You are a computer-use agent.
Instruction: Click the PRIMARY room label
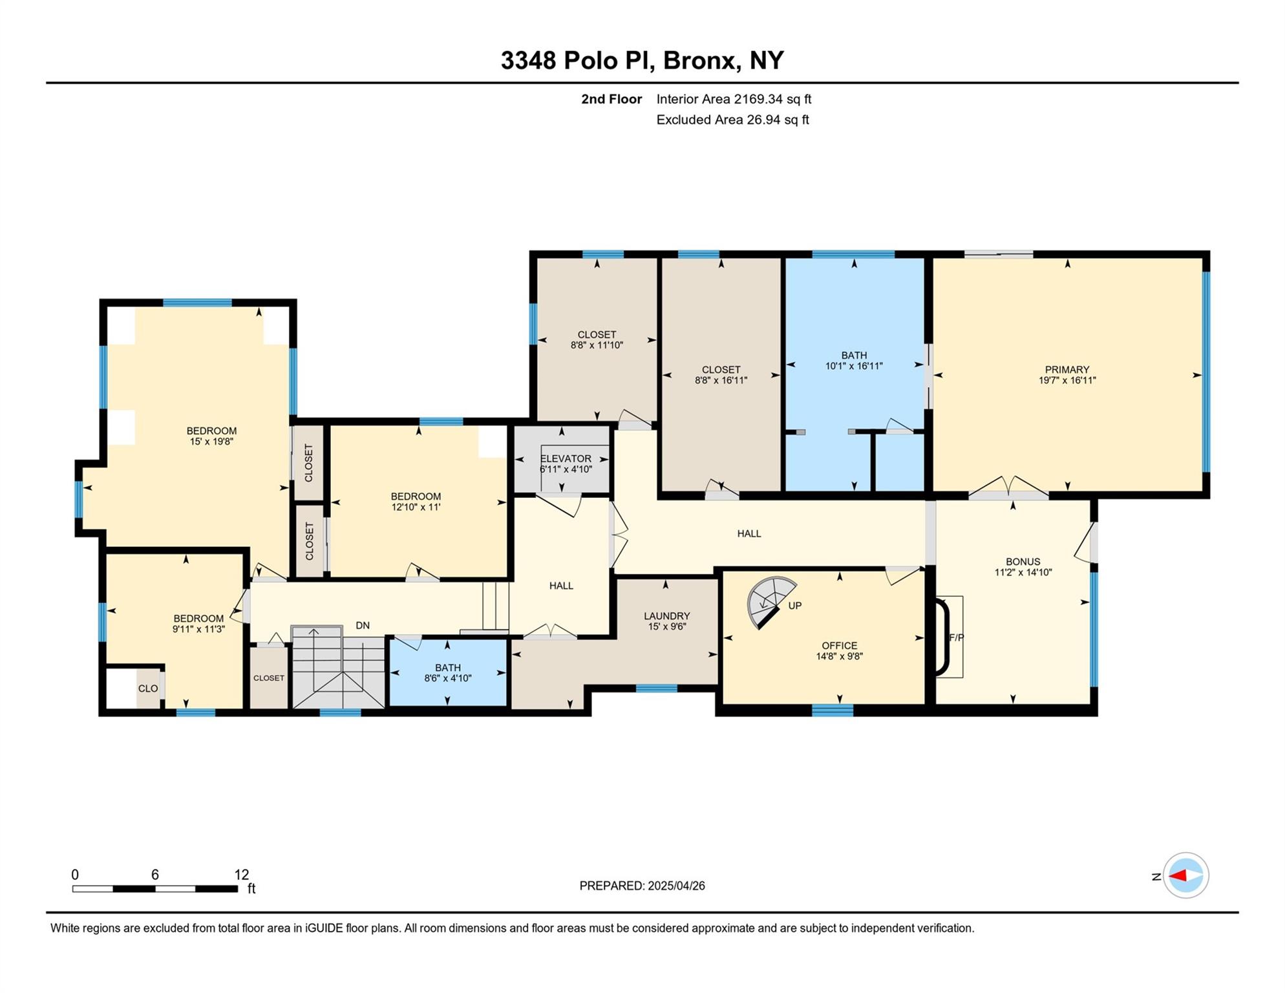coord(1067,370)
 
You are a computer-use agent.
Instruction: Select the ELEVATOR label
coord(566,458)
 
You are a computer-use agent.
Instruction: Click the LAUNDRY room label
coord(666,616)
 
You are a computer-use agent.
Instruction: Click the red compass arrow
coord(1178,876)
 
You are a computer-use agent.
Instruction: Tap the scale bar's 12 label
coord(241,875)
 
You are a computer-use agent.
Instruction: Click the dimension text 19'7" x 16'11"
coord(1067,381)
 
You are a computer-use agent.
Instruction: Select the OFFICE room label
coord(839,646)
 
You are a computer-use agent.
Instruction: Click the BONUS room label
coord(1023,562)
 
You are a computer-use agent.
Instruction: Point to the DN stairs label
coord(363,626)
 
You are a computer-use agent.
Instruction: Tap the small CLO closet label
coord(147,689)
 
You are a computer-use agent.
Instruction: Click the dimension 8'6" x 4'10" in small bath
coord(447,679)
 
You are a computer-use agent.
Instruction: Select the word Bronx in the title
coord(701,60)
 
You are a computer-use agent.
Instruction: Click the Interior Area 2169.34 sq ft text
coord(733,99)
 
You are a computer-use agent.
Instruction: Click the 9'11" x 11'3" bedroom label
coord(198,629)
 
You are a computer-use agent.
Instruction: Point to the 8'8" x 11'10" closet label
coord(596,345)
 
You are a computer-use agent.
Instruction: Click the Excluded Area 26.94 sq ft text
coord(732,120)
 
